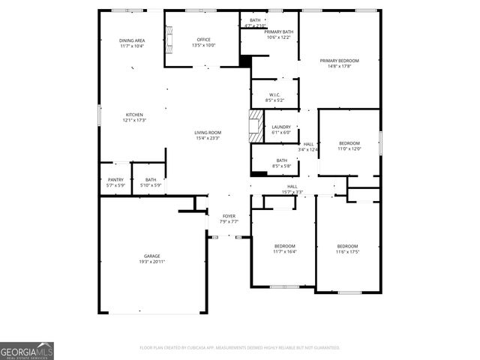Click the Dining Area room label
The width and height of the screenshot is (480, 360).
(x=131, y=40)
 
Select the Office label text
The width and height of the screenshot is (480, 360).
(x=204, y=40)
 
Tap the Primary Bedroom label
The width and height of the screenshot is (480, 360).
(x=339, y=61)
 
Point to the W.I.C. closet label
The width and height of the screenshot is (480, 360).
(x=275, y=94)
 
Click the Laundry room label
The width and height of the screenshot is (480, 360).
(x=281, y=127)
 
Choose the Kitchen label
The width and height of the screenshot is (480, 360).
(x=134, y=115)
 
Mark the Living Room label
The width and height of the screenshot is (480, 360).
(x=208, y=133)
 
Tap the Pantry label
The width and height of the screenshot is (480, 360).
(x=115, y=179)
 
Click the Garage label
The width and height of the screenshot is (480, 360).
(x=151, y=256)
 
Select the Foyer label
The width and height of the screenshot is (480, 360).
(x=229, y=216)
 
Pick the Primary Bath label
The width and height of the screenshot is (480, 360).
(x=278, y=31)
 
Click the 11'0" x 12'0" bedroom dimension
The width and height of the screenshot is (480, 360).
(x=349, y=148)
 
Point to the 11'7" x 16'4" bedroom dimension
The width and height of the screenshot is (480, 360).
(x=284, y=252)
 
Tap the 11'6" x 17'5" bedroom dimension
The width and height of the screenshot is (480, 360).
(x=347, y=252)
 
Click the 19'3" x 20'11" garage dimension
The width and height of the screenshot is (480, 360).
(x=151, y=262)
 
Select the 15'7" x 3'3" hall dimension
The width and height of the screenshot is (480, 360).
(x=292, y=191)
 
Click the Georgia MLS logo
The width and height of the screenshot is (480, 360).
(x=27, y=351)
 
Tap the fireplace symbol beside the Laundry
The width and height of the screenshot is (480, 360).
(x=256, y=126)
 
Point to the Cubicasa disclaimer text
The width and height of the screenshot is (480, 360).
(x=240, y=348)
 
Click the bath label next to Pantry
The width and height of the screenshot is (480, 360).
(x=151, y=179)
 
